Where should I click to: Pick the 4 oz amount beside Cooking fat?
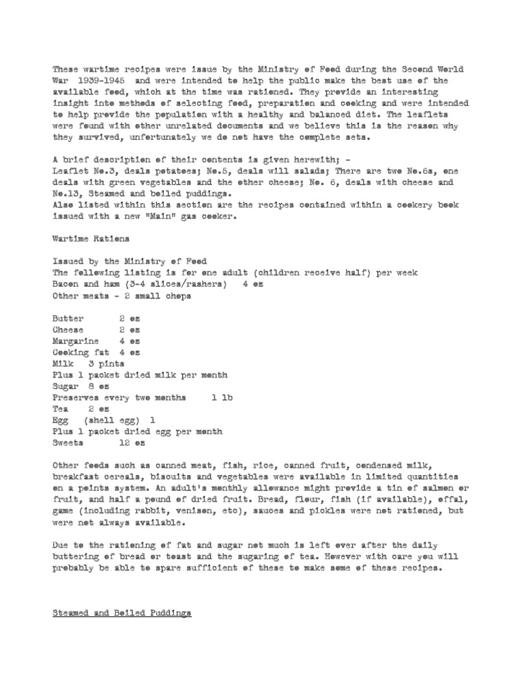[130, 352]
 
